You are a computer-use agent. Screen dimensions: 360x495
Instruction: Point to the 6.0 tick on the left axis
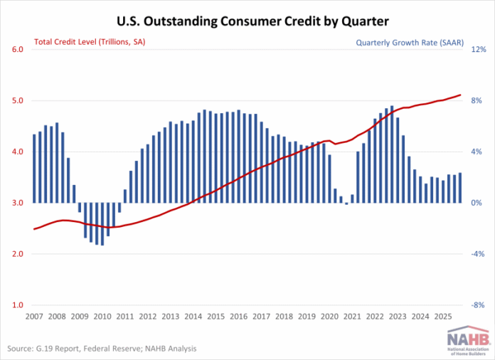(x=17, y=50)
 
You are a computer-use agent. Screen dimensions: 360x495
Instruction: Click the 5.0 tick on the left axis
(x=17, y=101)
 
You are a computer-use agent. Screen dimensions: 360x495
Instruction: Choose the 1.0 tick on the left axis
(x=17, y=305)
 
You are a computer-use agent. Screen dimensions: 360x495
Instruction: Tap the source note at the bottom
(x=102, y=349)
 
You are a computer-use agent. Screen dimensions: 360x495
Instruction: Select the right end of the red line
(x=461, y=95)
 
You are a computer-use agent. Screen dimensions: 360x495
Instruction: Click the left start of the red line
(x=34, y=229)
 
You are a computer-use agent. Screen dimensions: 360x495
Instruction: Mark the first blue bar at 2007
(x=34, y=169)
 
